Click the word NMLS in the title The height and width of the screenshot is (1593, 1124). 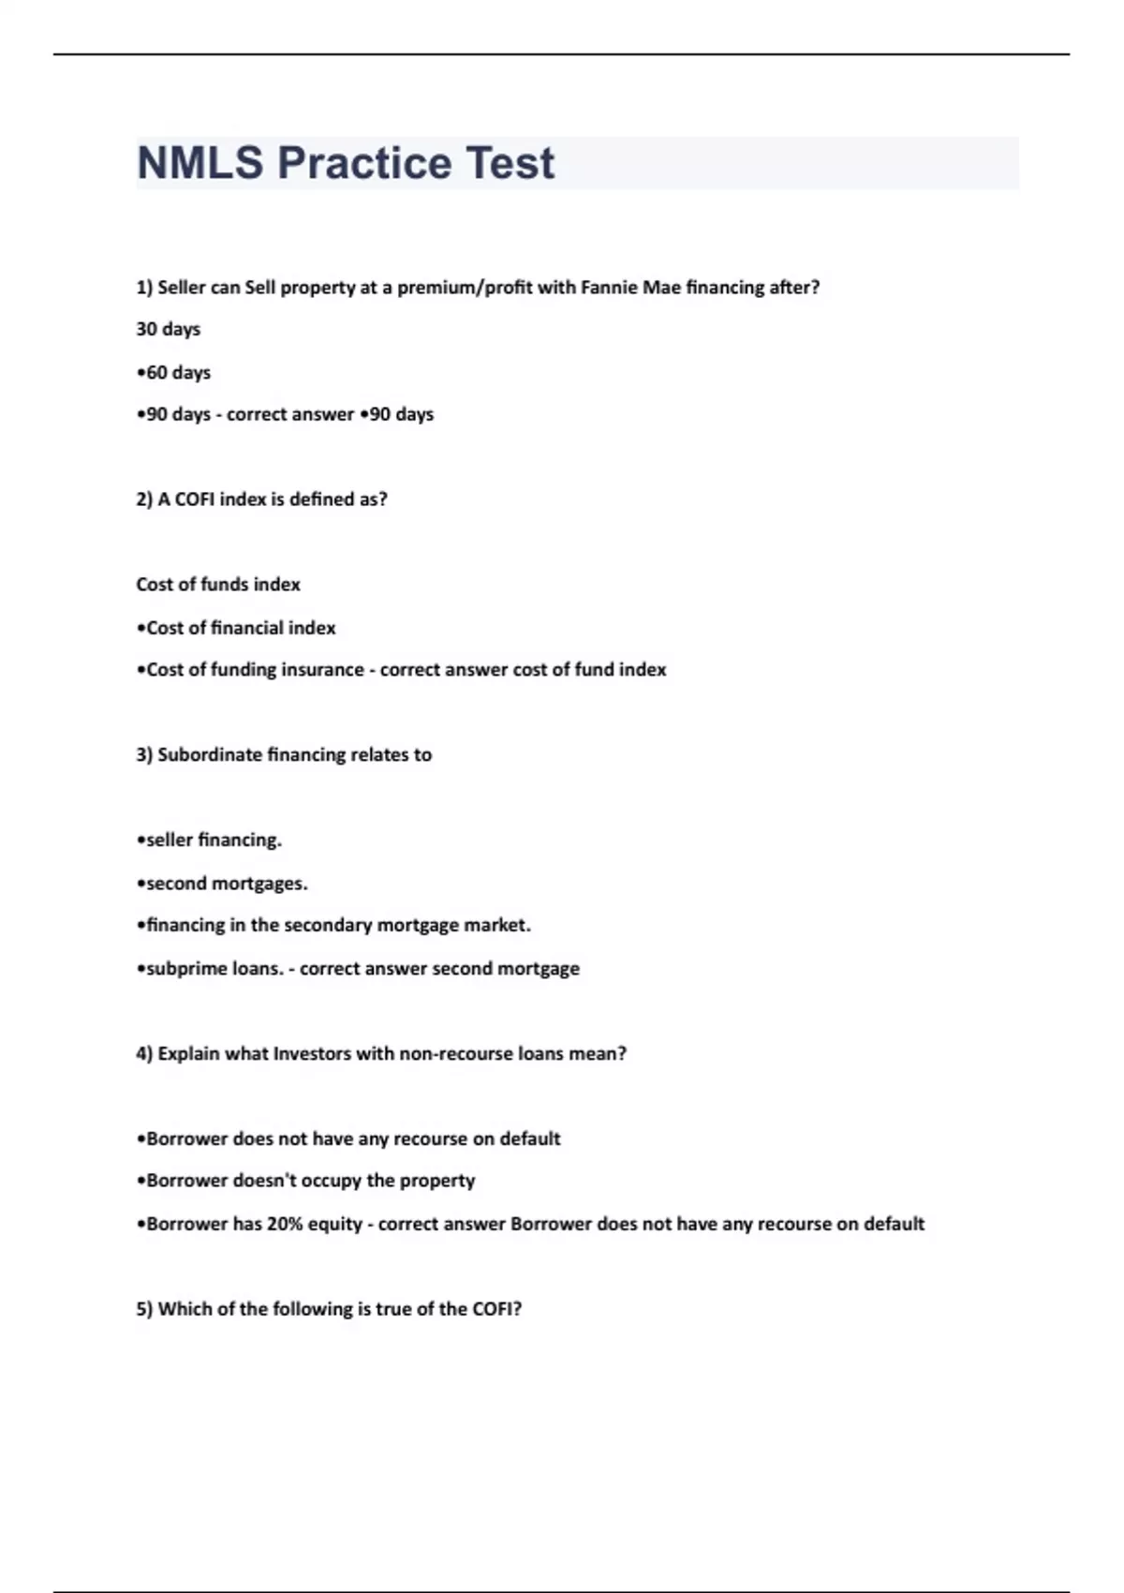coord(200,163)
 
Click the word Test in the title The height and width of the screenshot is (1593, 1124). coord(510,163)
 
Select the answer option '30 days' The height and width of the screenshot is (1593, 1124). coord(169,329)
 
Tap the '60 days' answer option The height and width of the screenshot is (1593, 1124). coord(175,372)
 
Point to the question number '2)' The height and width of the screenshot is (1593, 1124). coord(144,499)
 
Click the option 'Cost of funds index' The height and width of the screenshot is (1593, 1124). coord(218,585)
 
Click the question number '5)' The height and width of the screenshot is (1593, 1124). coord(144,1309)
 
